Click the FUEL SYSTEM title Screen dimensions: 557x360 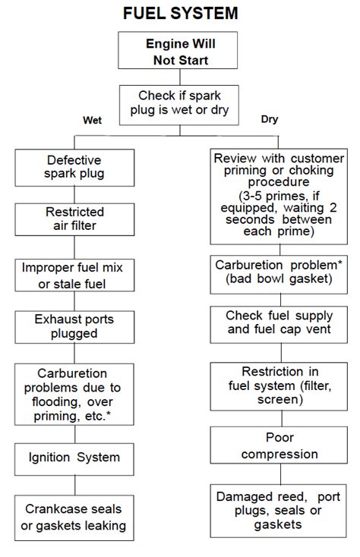click(180, 13)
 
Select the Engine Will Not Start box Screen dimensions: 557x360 click(180, 52)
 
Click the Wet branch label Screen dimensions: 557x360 click(92, 120)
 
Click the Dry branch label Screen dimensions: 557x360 click(269, 120)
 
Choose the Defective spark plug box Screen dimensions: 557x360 click(74, 168)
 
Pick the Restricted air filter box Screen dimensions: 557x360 click(74, 219)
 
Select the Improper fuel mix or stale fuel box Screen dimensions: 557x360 click(74, 275)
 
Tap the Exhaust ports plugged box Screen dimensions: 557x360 click(74, 327)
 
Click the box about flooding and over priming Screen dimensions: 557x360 click(74, 395)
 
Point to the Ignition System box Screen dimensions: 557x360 click(74, 458)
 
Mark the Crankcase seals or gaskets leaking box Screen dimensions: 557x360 click(74, 516)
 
